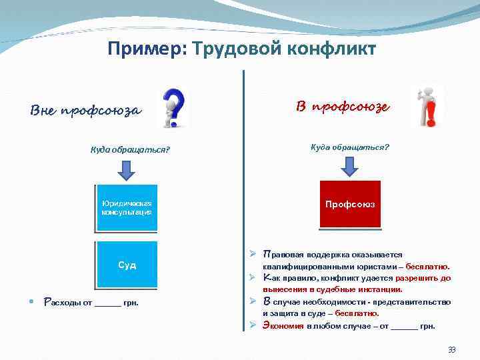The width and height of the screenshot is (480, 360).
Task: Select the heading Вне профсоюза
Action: coord(86,110)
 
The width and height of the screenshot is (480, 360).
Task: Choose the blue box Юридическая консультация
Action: coord(127,207)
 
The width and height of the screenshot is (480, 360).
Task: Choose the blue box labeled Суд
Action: coord(127,265)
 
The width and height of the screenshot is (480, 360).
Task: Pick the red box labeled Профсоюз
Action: coord(350,204)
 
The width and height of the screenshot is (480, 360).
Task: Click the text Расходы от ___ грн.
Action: coord(91,303)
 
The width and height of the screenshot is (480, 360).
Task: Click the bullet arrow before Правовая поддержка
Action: coord(254,254)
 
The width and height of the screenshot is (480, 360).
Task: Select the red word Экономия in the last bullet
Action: coord(284,326)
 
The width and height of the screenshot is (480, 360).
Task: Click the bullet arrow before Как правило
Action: coord(254,277)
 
